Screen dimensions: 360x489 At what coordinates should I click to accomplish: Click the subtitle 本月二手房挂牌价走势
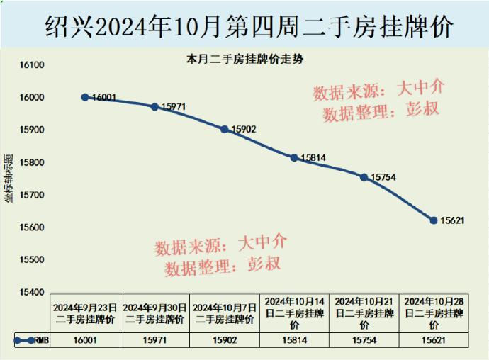[244, 60]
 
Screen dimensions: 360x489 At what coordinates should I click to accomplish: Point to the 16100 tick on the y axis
[32, 65]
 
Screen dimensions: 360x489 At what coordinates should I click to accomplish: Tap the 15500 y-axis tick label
[32, 260]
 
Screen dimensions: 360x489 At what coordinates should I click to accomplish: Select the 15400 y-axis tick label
[32, 292]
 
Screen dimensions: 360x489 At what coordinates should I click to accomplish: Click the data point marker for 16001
[85, 97]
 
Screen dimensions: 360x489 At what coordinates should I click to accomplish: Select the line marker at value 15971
[154, 107]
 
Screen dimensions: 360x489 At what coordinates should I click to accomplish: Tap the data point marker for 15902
[225, 129]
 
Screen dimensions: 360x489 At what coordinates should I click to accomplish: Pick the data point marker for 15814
[294, 157]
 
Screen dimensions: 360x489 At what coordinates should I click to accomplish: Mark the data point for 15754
[364, 177]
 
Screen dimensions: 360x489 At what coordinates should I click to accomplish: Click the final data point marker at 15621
[434, 220]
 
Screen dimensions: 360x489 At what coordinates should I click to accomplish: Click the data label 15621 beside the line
[452, 220]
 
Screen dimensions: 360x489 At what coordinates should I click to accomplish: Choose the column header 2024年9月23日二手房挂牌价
[85, 313]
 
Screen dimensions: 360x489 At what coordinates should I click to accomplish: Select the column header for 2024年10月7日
[225, 313]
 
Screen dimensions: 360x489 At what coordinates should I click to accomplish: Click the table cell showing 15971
[154, 341]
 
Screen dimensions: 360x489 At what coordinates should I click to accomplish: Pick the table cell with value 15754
[364, 341]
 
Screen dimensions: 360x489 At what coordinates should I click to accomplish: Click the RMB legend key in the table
[31, 341]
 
